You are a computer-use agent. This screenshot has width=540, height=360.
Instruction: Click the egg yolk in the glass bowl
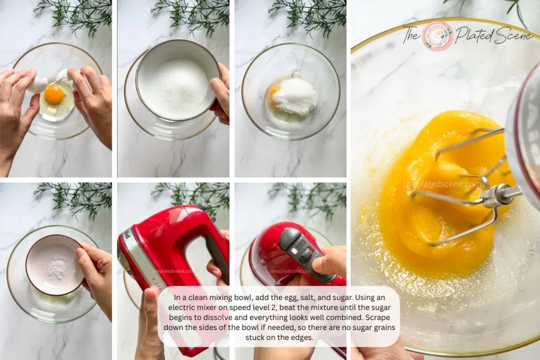coord(54,94)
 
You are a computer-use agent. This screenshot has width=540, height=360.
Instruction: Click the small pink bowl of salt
coord(54,264)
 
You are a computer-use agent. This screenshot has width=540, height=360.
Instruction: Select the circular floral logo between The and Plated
coord(437,35)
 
